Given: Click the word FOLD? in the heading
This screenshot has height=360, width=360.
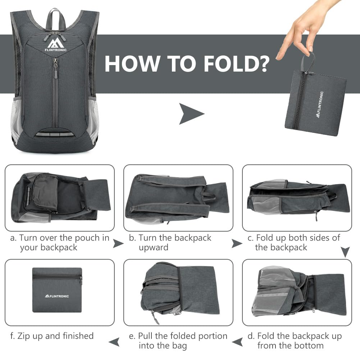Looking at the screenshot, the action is [237, 64].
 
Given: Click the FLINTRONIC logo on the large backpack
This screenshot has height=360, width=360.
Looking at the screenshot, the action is [55, 45].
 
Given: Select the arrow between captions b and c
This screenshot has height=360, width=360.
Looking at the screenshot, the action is [237, 243].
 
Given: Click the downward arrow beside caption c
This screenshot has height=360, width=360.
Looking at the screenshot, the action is [345, 252].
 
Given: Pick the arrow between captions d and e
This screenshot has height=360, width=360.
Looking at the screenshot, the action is [237, 342].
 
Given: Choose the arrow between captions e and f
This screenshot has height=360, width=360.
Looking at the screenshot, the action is [114, 342].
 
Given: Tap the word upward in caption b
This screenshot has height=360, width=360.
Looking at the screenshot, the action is [153, 247].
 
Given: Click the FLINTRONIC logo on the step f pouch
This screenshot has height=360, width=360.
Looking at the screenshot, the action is [57, 296].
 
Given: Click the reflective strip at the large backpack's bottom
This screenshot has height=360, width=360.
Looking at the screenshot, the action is [55, 134].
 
